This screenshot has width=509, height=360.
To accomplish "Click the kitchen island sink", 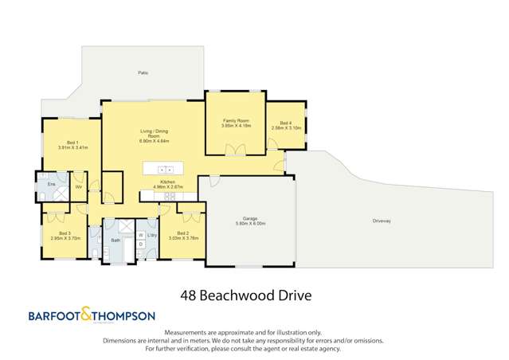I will [166, 169].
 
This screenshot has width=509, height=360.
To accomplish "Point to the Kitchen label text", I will [167, 182].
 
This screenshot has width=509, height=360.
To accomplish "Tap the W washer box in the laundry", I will [140, 236].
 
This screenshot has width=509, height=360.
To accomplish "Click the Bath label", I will [116, 240].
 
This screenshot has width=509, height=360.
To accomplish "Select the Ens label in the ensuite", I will [50, 183].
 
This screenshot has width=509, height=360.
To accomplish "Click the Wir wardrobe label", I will [79, 187].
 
